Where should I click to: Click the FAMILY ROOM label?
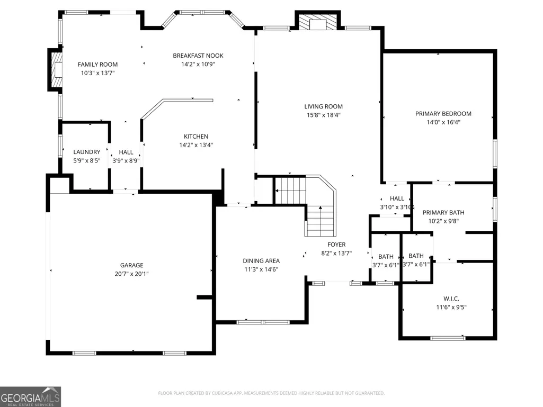[97, 65]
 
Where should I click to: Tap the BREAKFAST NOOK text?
[198, 56]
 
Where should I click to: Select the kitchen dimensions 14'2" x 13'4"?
[196, 145]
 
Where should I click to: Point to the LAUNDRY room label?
[86, 152]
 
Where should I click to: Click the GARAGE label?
[131, 265]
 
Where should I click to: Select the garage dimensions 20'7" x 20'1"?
[131, 274]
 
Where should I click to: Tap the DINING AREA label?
[261, 261]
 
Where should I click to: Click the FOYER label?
[336, 245]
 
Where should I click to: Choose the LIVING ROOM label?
[324, 106]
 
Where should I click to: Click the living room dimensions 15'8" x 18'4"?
[324, 115]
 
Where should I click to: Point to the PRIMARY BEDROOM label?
[443, 113]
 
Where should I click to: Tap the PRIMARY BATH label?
[443, 213]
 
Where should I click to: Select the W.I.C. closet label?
[451, 299]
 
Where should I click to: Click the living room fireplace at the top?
[317, 21]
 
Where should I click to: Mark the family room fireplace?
[55, 69]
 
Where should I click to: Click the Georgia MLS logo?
[31, 396]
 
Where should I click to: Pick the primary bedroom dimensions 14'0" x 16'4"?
[443, 122]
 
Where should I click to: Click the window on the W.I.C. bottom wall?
[448, 338]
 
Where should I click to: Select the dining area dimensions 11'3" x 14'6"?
[261, 269]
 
